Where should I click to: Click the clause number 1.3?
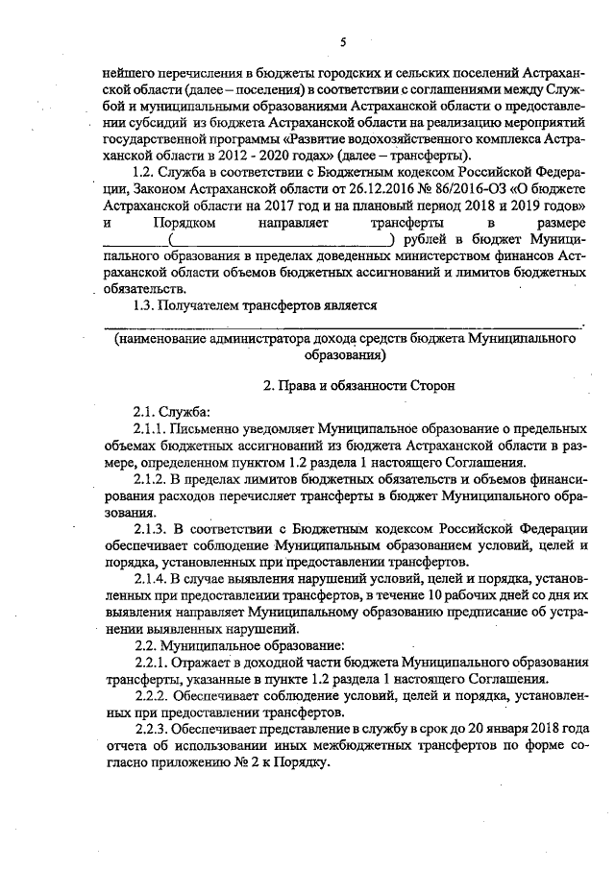[x=144, y=305]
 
